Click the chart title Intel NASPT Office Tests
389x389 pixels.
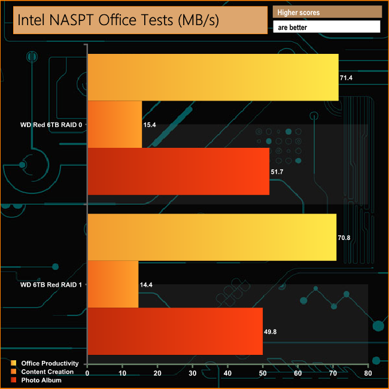118,20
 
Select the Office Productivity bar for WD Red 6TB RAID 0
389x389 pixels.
213,77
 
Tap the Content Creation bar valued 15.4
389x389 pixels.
115,124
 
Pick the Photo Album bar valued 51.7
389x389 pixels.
179,171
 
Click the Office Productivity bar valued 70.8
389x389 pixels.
212,237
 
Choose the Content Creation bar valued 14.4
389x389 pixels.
113,284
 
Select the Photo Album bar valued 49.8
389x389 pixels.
175,331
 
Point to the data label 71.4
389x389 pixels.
348,78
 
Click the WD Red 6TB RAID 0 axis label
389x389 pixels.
51,125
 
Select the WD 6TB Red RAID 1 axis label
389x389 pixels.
51,285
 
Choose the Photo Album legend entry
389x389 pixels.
39,380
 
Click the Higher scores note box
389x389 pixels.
327,12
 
